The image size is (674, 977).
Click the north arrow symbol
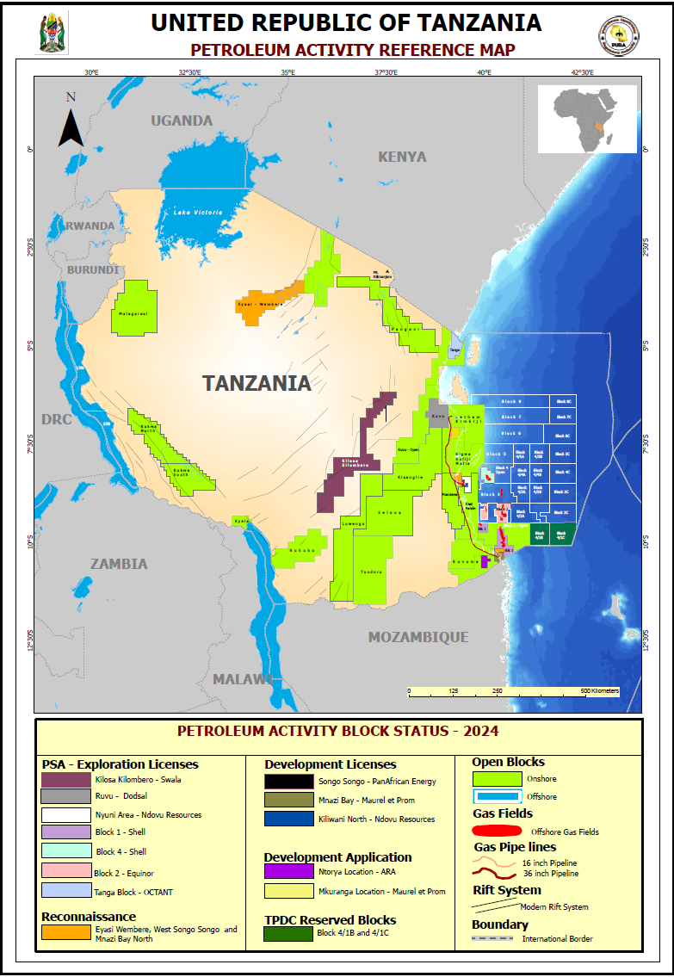coord(71,124)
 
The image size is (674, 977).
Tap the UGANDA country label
coord(182,121)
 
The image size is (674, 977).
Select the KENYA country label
coord(402,157)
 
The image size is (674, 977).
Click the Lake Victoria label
coord(198,212)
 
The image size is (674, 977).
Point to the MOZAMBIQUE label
coord(418,637)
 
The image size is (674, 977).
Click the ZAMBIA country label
coord(119,564)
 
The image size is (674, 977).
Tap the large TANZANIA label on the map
coord(257,383)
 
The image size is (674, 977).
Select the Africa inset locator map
coord(587,119)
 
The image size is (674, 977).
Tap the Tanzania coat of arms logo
coord(51,34)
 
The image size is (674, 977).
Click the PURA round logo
coord(618,35)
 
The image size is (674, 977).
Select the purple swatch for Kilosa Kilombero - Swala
coord(66,780)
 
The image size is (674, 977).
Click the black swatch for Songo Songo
coord(288,782)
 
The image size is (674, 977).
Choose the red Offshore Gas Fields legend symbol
coord(498,832)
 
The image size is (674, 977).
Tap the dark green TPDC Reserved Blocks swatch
coord(288,933)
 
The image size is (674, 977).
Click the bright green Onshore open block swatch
coord(498,778)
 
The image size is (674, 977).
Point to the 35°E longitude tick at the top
coord(288,72)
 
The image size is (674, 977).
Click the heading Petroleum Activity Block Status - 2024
coord(337,732)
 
